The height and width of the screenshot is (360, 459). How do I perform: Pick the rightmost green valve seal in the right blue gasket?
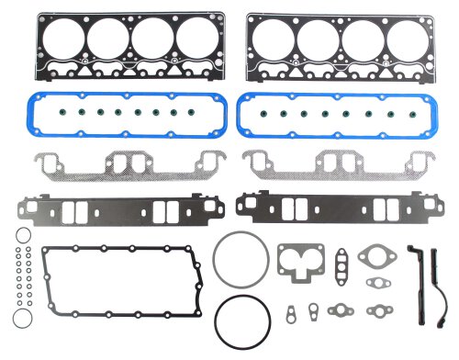pyautogui.click(x=417, y=115)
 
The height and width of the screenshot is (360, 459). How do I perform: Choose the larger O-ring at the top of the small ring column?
pyautogui.click(x=21, y=236)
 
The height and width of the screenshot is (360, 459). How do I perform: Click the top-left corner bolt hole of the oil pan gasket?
pyautogui.click(x=47, y=251)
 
